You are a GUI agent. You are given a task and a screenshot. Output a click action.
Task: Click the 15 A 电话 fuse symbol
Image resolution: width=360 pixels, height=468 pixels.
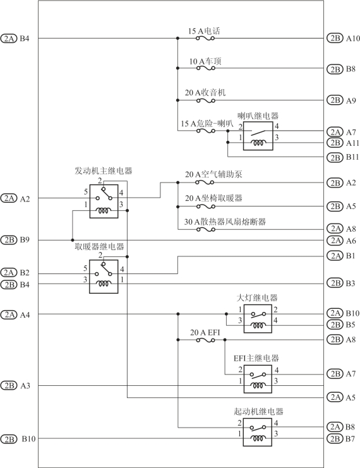205,38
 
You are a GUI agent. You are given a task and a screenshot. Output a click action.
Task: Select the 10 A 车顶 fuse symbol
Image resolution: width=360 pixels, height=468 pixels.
206,68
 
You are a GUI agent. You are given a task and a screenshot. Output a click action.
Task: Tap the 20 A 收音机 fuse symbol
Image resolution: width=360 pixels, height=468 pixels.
206,100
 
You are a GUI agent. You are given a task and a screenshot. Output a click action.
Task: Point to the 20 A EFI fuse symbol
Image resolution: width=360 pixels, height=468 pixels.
205,340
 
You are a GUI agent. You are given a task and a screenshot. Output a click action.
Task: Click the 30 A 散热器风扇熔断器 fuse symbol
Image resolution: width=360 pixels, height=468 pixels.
206,229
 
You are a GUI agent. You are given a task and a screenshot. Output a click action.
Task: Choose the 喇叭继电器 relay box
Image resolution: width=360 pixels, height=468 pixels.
258,136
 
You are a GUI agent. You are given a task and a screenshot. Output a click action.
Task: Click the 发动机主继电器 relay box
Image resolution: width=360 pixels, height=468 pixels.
104,201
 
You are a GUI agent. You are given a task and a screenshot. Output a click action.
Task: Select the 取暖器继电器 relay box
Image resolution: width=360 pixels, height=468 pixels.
104,277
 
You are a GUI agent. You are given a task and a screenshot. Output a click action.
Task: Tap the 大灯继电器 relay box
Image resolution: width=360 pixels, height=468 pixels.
258,319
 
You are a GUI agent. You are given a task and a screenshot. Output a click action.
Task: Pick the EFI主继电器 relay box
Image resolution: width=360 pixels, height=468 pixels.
258,379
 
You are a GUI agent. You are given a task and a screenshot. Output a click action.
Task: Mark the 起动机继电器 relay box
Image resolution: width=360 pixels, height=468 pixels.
257,432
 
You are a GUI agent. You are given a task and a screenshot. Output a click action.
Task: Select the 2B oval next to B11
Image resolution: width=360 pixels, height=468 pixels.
335,157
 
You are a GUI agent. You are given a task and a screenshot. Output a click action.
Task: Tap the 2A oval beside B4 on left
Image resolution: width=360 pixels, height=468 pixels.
9,38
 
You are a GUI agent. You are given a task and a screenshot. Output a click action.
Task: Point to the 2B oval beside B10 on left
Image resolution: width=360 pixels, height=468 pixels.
9,439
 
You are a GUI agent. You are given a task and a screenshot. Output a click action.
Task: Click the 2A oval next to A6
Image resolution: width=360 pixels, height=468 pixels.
335,240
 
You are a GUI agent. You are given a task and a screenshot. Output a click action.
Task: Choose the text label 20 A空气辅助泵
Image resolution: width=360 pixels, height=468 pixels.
213,174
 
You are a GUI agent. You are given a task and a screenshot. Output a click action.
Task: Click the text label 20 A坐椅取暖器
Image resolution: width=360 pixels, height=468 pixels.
213,198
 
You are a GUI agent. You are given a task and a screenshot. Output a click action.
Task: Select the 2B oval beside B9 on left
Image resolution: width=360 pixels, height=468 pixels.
9,239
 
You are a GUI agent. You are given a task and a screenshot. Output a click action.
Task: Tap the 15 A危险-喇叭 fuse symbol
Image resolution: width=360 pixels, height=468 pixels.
206,131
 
